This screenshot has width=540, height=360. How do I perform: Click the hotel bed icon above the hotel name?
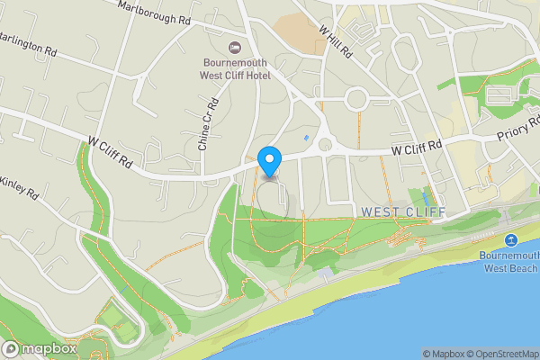235,47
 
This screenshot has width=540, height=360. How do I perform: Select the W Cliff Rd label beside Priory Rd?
417,146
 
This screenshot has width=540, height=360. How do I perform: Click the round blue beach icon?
510,240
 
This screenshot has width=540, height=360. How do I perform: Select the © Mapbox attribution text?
442,353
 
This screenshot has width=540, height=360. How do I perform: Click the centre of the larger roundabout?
357,97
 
